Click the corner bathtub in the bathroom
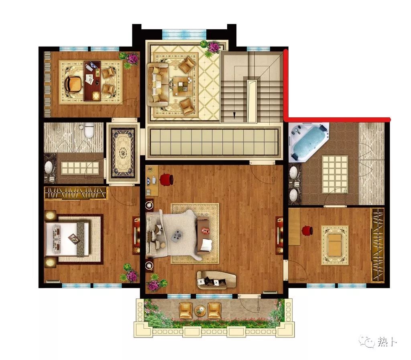pyautogui.click(x=309, y=142)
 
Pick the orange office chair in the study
pyautogui.click(x=73, y=83)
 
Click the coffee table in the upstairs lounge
pyautogui.click(x=183, y=86)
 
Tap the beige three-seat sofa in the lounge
pyautogui.click(x=157, y=84)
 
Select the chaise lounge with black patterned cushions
pyautogui.click(x=216, y=280)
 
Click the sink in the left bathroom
pyautogui.click(x=49, y=167)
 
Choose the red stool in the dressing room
pyautogui.click(x=307, y=231)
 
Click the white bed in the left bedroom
pyautogui.click(x=67, y=239)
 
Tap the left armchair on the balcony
pyautogui.click(x=185, y=311)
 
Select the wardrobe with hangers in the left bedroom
pyautogui.click(x=76, y=193)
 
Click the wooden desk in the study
pyautogui.click(x=92, y=81)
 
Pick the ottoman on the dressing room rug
pyautogui.click(x=335, y=245)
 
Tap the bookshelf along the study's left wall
pyautogui.click(x=47, y=84)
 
